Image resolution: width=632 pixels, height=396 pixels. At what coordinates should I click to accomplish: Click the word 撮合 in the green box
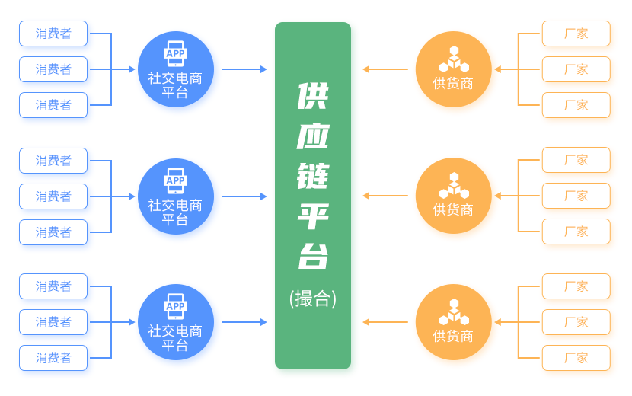click(x=313, y=299)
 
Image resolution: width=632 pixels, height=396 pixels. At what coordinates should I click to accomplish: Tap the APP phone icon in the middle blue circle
click(x=175, y=180)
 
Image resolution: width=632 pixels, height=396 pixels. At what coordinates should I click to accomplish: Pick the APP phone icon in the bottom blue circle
click(x=175, y=306)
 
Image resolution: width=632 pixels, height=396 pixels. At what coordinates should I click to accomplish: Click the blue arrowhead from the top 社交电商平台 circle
click(x=263, y=69)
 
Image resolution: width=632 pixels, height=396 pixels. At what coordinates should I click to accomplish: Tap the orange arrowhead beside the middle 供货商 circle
click(x=366, y=196)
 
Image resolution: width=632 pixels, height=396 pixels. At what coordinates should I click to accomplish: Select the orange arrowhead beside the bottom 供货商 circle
click(x=366, y=322)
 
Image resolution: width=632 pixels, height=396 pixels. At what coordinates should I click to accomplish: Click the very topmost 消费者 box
click(x=54, y=34)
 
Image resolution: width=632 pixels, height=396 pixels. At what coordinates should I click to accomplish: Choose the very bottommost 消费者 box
click(x=54, y=358)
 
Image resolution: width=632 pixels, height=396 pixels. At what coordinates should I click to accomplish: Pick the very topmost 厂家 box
click(x=576, y=34)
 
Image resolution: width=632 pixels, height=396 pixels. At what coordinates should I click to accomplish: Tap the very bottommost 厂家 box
click(x=576, y=358)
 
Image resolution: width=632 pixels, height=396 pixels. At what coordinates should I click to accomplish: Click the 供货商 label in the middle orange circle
click(x=453, y=209)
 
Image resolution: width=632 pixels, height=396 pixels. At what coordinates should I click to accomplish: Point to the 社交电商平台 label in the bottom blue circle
click(x=175, y=337)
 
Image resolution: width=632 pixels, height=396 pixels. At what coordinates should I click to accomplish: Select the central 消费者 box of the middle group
click(x=54, y=196)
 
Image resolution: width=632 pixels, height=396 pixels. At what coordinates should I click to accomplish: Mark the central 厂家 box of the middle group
click(x=576, y=196)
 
